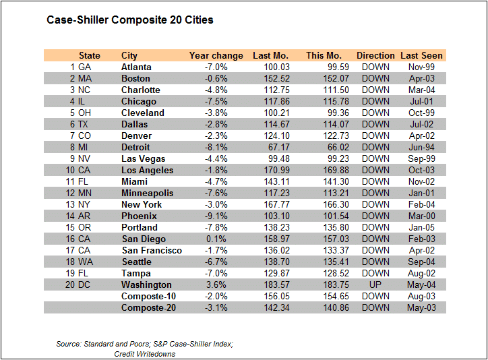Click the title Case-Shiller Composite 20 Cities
pyautogui.click(x=130, y=20)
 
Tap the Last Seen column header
pyautogui.click(x=421, y=55)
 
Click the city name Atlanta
pyautogui.click(x=136, y=67)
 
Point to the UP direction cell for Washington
pyautogui.click(x=375, y=284)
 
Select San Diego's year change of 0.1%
pyautogui.click(x=217, y=239)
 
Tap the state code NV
pyautogui.click(x=85, y=158)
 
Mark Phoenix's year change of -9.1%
pyautogui.click(x=216, y=216)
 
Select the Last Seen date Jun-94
pyautogui.click(x=421, y=147)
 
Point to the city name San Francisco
pyautogui.click(x=152, y=250)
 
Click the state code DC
pyautogui.click(x=85, y=284)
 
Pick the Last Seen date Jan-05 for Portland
pyautogui.click(x=421, y=227)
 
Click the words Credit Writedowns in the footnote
pyautogui.click(x=145, y=354)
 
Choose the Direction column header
pyautogui.click(x=375, y=55)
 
